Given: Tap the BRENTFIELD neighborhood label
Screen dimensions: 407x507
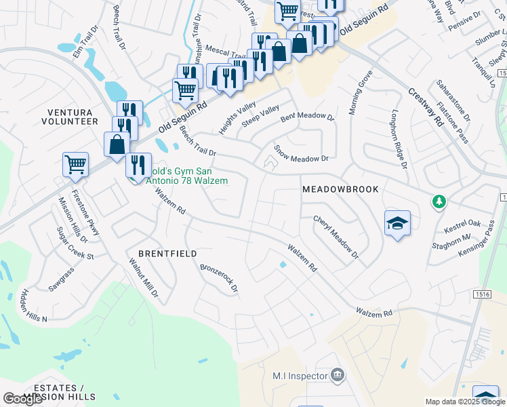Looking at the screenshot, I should coord(167,254).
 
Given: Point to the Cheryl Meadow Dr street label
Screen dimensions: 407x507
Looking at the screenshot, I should coord(335,237).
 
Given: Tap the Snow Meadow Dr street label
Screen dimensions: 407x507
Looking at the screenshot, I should coord(301,153).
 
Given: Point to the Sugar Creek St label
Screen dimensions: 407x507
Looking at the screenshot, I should coord(75,248).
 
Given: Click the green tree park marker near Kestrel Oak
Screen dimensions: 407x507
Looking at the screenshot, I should coord(440,201).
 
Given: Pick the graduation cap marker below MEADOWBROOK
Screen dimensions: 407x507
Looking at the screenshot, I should coord(397,223).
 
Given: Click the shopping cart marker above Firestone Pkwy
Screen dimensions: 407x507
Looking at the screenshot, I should coord(75,164).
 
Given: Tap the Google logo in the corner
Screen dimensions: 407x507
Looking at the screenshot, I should coord(23,399).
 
